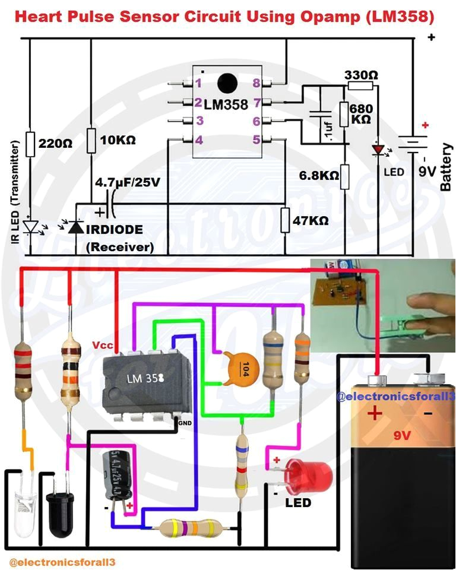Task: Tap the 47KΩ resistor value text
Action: [x=311, y=221]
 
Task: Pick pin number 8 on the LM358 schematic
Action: [x=256, y=84]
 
